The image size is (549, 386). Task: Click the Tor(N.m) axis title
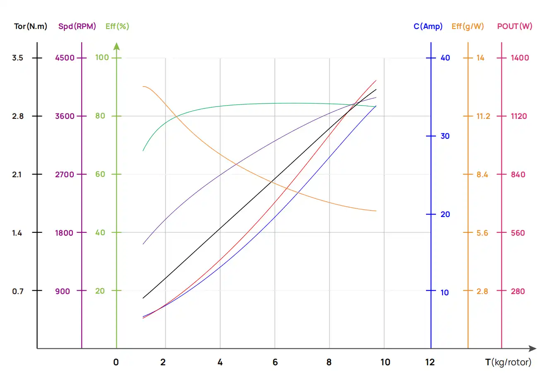coord(31,26)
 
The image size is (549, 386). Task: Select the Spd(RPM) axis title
coord(77,26)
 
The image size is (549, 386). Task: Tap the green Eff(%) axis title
coord(117,26)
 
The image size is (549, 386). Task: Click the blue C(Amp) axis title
coord(428,26)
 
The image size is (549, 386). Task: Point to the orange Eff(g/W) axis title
coord(467,26)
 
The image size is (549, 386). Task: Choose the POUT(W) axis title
coord(515,26)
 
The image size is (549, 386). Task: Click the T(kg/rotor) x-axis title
coord(508,362)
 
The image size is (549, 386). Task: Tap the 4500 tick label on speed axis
coord(65,58)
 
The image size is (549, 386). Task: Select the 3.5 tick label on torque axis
coord(17,58)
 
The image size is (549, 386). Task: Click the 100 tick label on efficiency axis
coord(102,58)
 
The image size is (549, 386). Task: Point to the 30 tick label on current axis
coord(445,136)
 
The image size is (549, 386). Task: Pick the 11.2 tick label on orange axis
coord(483,116)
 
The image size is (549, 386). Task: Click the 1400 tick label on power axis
coord(520,58)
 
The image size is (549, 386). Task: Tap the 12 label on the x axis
coord(430,362)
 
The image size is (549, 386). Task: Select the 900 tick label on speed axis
coord(63,291)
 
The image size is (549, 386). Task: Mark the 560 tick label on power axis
coord(518,233)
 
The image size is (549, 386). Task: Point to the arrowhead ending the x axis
coord(533,349)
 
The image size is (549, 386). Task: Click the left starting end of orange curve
coord(143,87)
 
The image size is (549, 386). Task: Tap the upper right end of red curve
coord(376,80)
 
